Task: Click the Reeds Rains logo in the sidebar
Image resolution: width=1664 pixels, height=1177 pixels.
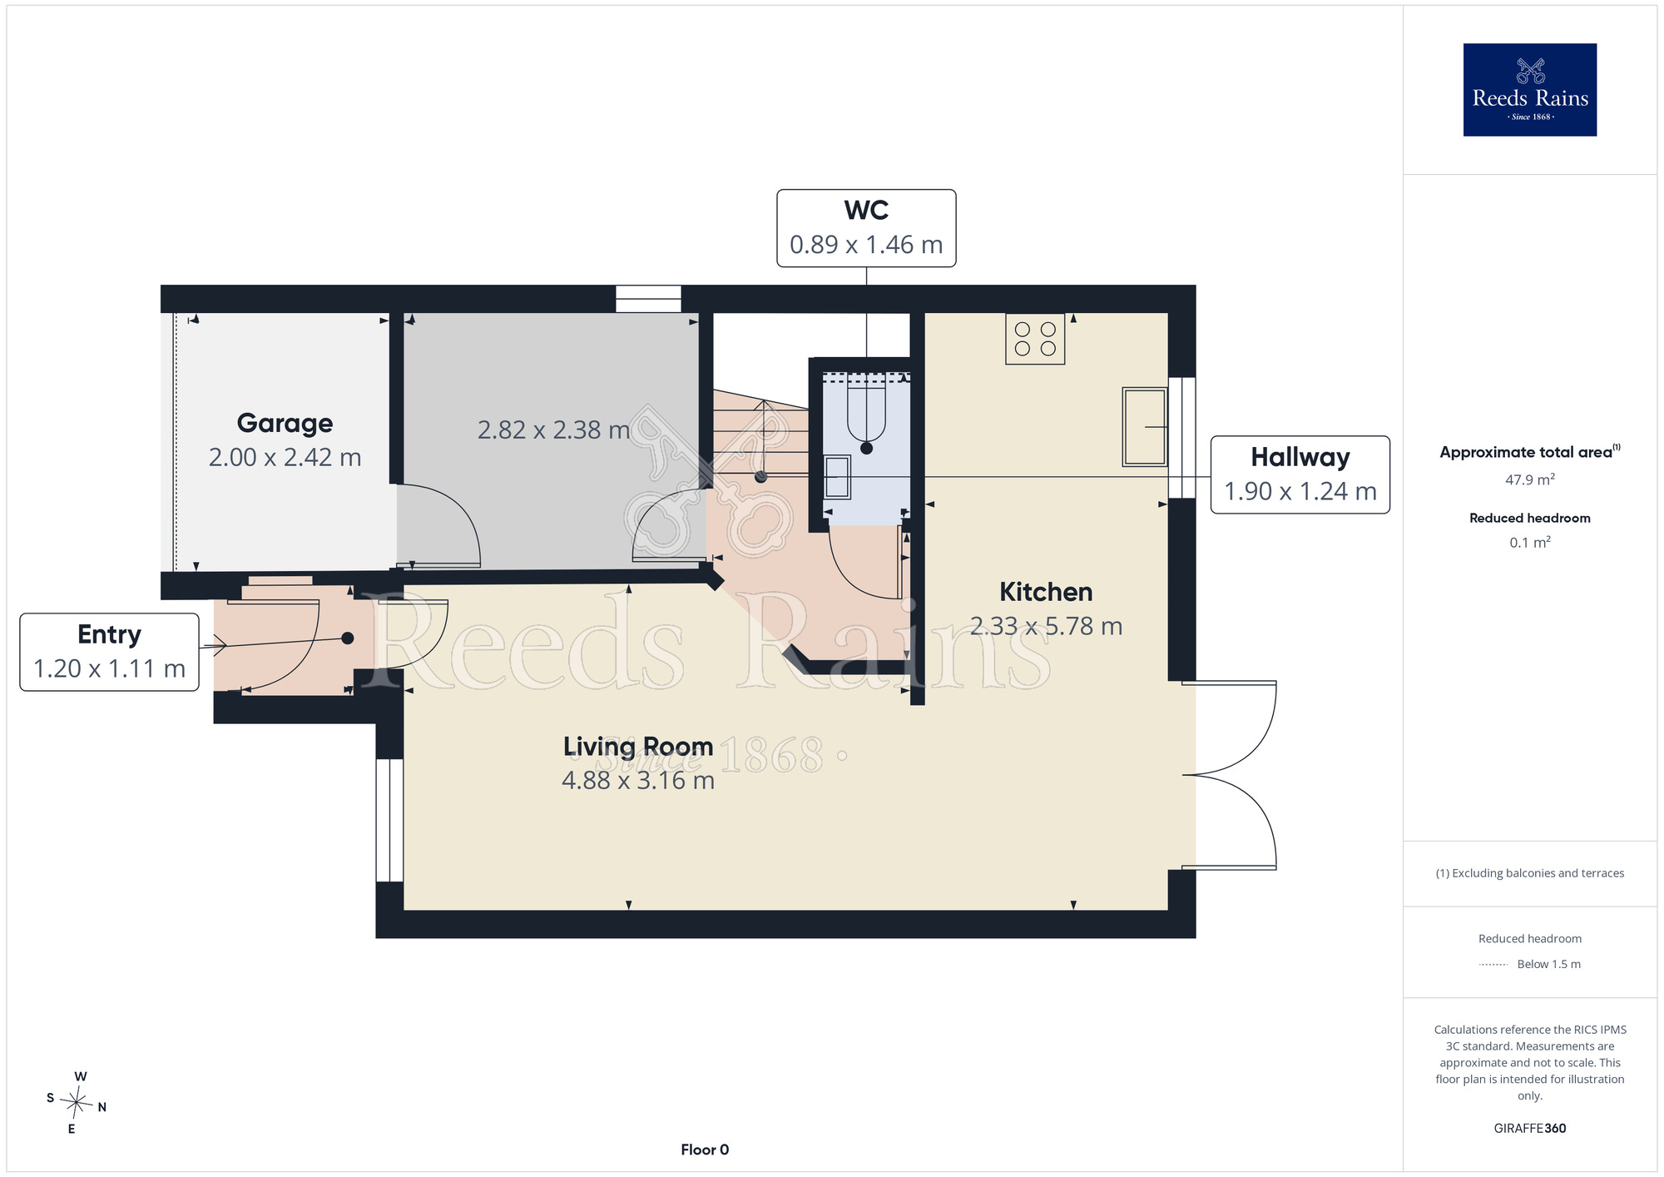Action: point(1529,90)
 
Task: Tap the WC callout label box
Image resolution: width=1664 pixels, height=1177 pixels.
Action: point(866,228)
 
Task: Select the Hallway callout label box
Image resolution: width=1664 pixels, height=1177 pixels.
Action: point(1300,474)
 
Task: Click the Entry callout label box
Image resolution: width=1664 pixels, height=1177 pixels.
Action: point(109,652)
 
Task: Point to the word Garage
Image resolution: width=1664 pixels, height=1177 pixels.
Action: point(285,423)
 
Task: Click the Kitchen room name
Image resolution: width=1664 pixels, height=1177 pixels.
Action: point(1046,592)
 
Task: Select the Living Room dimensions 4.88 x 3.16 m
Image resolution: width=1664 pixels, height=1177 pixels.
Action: point(638,781)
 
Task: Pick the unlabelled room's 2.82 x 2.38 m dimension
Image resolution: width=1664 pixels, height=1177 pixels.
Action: point(553,430)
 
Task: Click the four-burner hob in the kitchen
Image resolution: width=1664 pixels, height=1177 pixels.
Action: point(1035,339)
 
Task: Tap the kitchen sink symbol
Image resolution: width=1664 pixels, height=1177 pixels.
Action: point(1145,426)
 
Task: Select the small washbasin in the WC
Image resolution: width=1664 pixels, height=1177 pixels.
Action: point(837,477)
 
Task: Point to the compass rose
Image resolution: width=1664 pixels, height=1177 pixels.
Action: point(77,1103)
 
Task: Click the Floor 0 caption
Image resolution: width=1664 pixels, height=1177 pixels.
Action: point(705,1150)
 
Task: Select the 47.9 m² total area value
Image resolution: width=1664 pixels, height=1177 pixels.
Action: point(1529,479)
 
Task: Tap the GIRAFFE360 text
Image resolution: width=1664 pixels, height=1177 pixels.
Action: point(1529,1129)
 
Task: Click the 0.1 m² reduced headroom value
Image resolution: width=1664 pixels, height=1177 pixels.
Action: point(1529,542)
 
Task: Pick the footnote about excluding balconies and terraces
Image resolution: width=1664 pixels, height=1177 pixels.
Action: point(1529,873)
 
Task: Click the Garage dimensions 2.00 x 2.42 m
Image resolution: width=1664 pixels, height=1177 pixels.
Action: point(285,458)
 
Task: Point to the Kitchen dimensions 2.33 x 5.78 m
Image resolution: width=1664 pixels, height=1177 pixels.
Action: point(1046,626)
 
